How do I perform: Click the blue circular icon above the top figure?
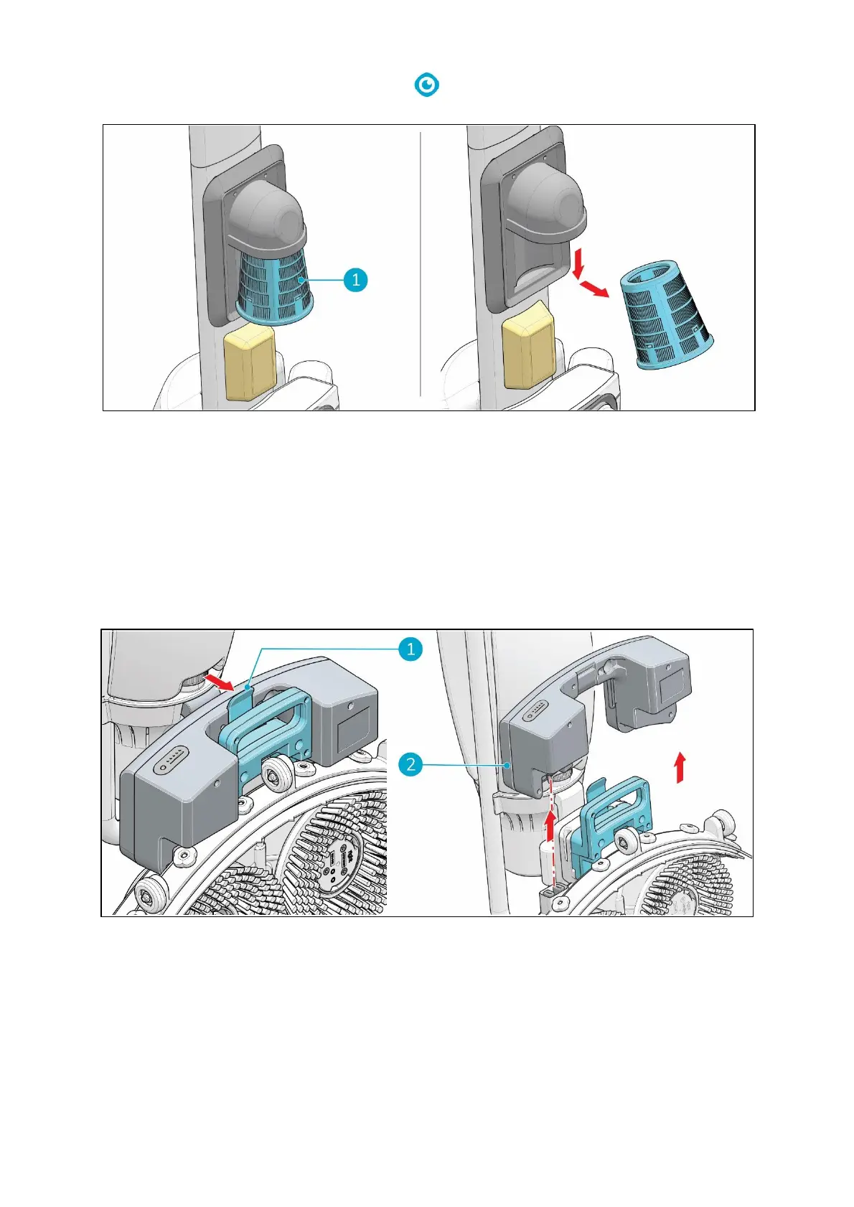pos(428,85)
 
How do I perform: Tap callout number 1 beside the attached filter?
pos(355,279)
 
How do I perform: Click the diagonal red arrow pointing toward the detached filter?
pos(595,288)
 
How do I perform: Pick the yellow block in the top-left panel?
pos(249,364)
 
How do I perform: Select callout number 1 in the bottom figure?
pos(410,649)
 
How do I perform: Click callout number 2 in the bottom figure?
pos(410,764)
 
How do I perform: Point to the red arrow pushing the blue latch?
pos(219,682)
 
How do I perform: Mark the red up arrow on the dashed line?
pos(551,825)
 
